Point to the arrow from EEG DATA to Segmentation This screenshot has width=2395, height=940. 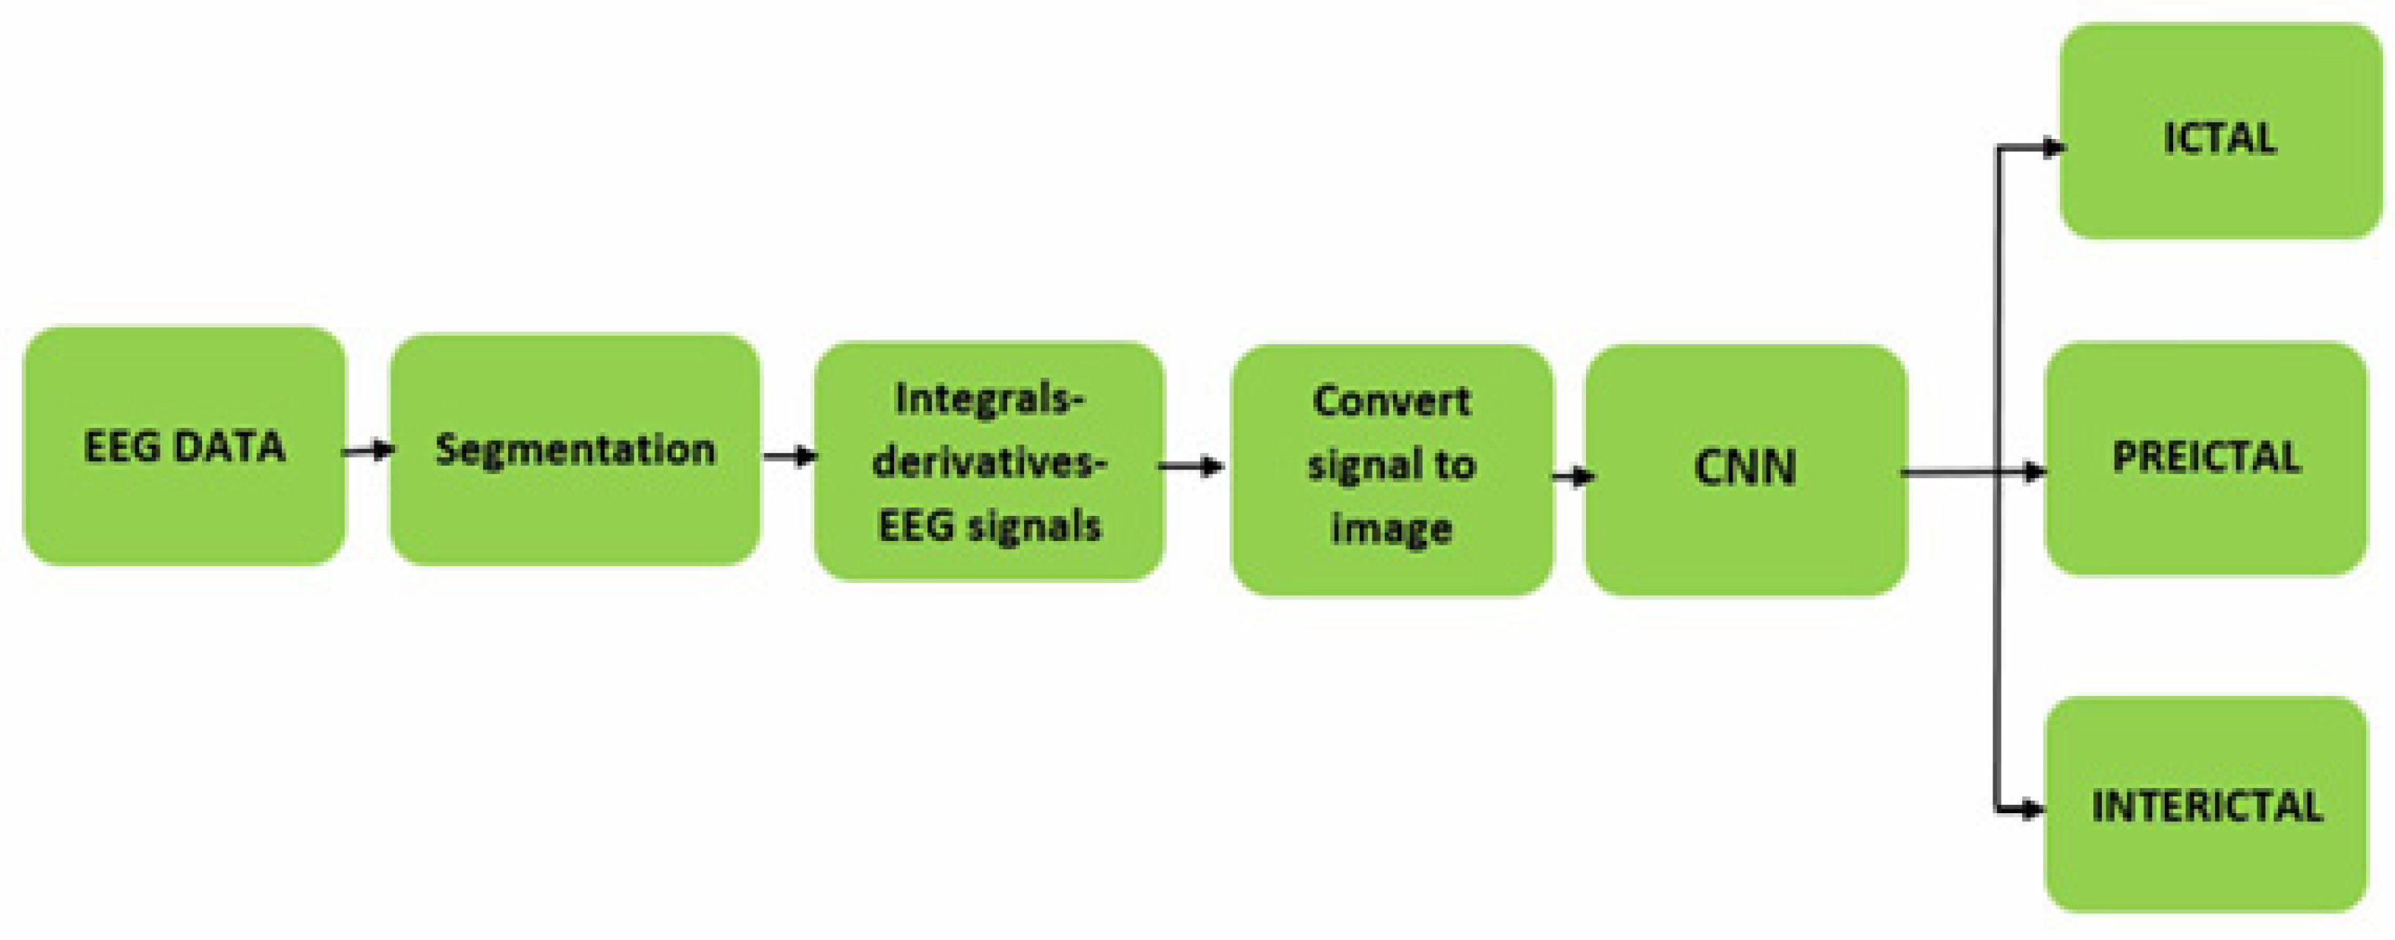click(x=368, y=451)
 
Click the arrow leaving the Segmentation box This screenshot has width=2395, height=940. click(x=789, y=456)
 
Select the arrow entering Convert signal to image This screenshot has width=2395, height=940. click(x=1193, y=466)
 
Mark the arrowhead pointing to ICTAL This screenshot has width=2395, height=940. click(x=2051, y=147)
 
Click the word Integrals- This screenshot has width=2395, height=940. click(x=989, y=400)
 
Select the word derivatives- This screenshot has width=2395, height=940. click(x=989, y=462)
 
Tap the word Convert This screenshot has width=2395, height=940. click(x=1391, y=402)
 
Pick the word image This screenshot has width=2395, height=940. click(x=1391, y=528)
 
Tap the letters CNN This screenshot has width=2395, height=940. click(x=1745, y=467)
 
